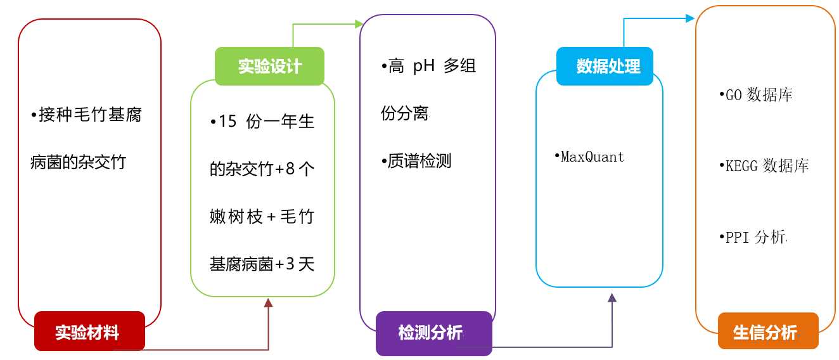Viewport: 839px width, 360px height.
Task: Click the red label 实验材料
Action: coord(89,331)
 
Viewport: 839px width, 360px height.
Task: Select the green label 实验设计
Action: coord(269,67)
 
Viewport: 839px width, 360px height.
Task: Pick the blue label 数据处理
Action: coord(605,67)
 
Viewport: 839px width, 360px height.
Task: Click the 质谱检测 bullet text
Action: coord(418,161)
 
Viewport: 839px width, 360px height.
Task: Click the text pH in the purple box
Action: coord(424,66)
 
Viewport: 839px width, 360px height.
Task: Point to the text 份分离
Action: coord(405,113)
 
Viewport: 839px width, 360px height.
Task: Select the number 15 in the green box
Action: coord(227,121)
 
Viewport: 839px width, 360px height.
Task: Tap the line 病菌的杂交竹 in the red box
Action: coord(78,162)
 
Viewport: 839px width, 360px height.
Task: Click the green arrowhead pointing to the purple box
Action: coord(359,24)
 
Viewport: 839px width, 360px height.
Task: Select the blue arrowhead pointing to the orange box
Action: coord(691,18)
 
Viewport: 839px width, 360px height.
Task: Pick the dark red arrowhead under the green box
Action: coord(268,303)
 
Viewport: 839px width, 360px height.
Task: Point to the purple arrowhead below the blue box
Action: coord(612,298)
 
